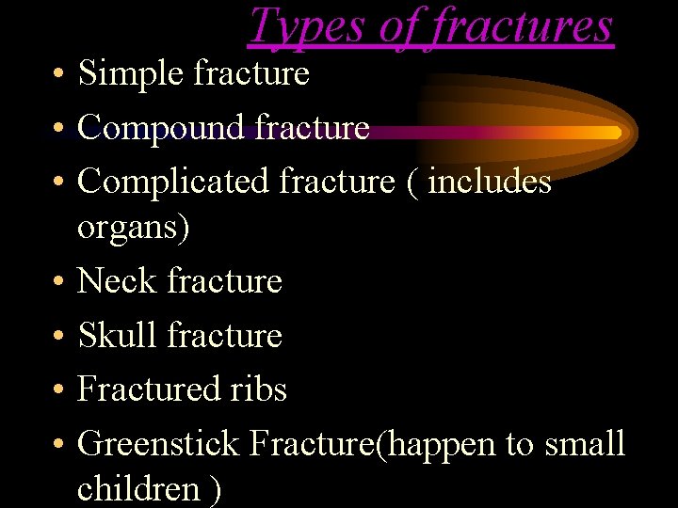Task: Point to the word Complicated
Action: (x=174, y=182)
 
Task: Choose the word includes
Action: (x=490, y=182)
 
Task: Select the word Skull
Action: (x=116, y=335)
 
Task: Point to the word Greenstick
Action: (x=159, y=443)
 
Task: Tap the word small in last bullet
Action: (x=585, y=443)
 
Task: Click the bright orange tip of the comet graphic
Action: (x=613, y=133)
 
